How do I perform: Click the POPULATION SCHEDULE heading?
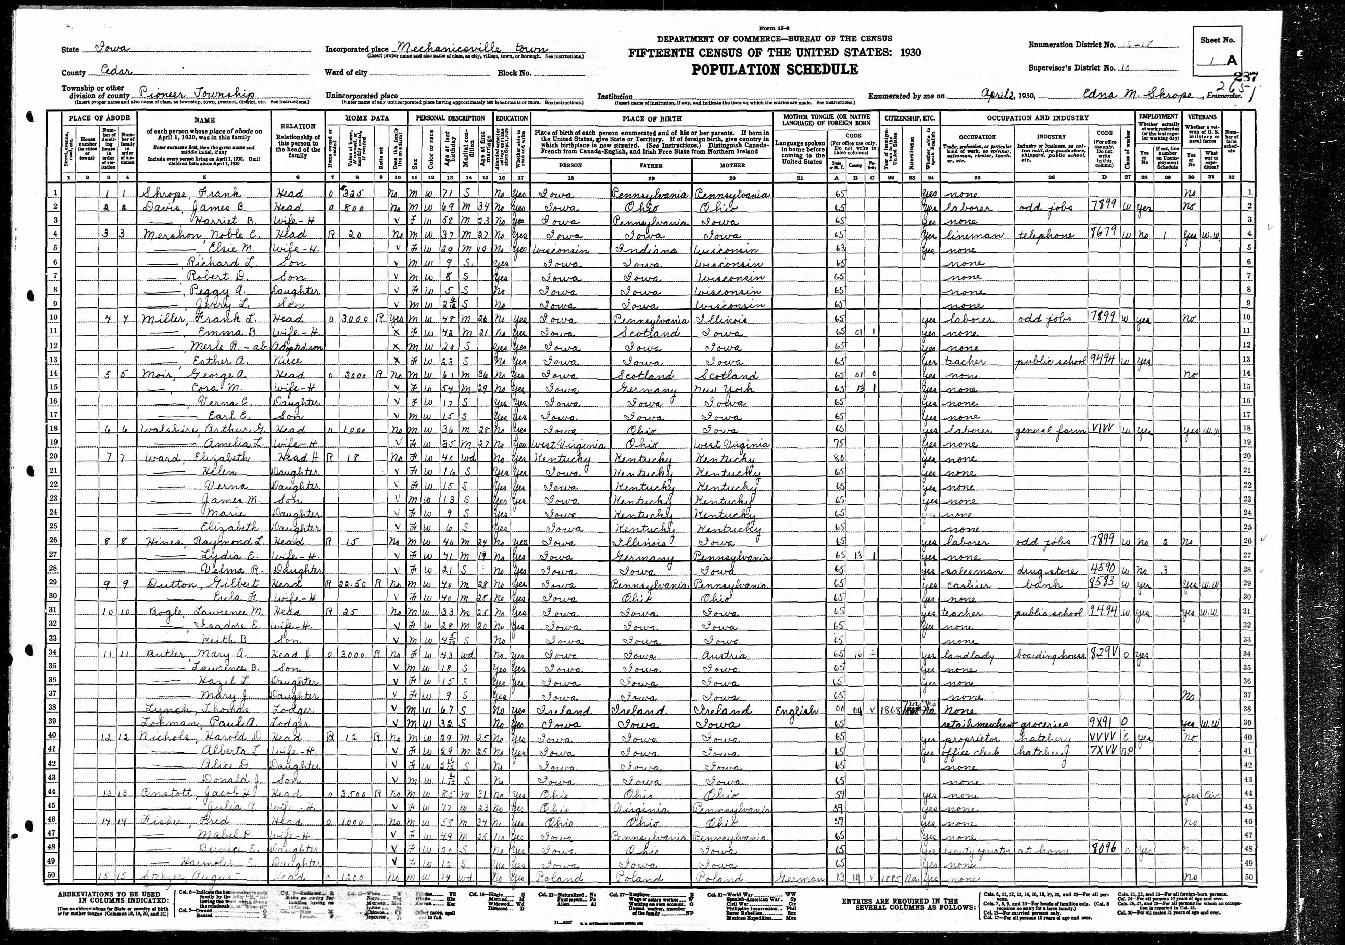click(775, 70)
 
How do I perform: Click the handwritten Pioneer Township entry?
click(196, 94)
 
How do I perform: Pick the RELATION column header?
click(298, 126)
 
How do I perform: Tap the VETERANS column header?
click(1203, 117)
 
